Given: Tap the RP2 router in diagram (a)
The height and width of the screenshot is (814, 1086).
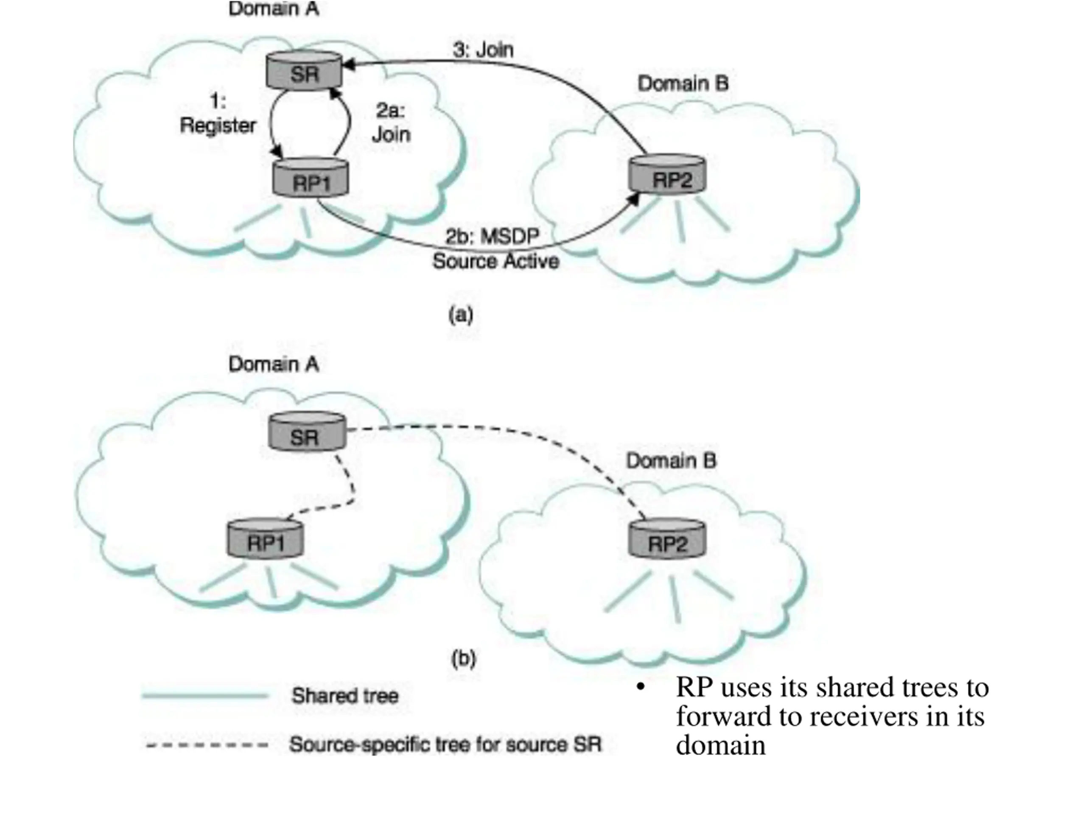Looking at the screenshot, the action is click(667, 174).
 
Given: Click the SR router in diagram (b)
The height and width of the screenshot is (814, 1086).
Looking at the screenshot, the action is click(307, 432).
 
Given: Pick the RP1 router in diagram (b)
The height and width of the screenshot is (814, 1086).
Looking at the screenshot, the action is click(265, 539).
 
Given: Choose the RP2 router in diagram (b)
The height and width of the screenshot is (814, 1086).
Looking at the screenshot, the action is click(667, 539).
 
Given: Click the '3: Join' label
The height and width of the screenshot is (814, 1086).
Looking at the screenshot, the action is click(483, 50).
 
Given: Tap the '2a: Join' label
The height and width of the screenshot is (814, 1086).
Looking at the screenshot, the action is click(391, 123).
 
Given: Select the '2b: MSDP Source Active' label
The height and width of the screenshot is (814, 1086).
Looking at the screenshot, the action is click(495, 249).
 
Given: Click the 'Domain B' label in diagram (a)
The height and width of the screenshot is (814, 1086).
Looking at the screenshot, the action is click(683, 84).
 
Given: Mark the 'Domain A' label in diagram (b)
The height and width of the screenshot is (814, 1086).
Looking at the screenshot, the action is click(274, 364).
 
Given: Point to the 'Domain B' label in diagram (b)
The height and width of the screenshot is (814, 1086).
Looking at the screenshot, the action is click(671, 461).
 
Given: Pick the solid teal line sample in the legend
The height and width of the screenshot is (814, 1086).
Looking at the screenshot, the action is click(205, 696).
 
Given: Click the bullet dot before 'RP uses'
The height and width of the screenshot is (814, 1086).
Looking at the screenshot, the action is click(640, 687).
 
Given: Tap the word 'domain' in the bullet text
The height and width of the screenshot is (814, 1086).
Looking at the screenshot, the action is click(720, 745).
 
